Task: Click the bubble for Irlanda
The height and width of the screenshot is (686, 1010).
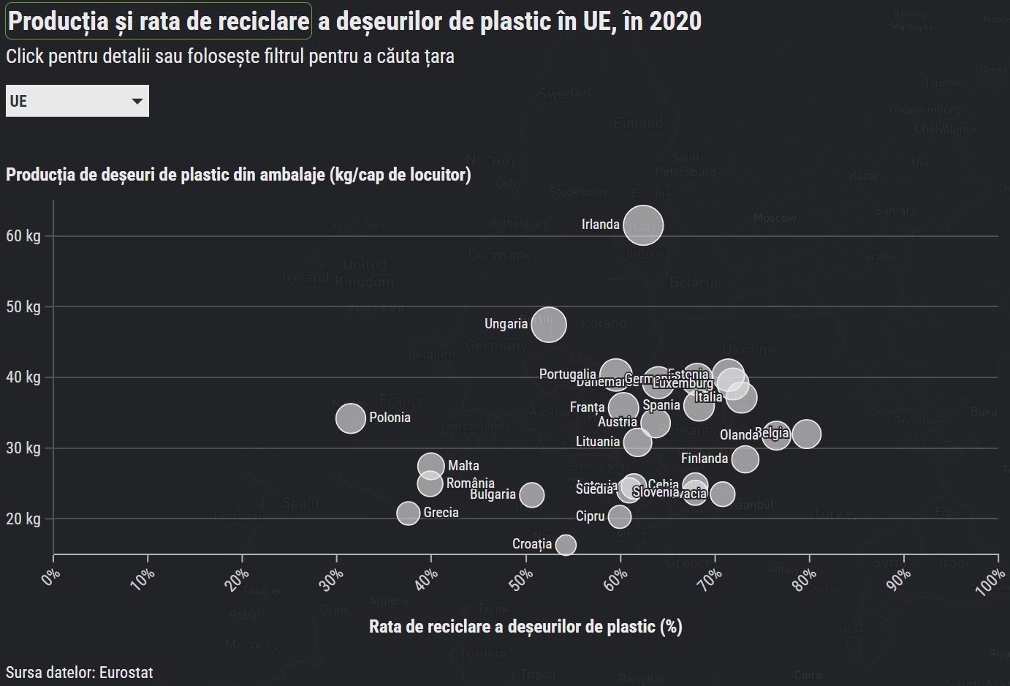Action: [643, 226]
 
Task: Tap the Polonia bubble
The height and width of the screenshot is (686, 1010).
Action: [351, 418]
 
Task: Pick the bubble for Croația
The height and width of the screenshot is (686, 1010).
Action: [566, 545]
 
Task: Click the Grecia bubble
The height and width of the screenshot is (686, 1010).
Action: [409, 513]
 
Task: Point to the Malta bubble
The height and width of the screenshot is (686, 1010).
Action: [431, 466]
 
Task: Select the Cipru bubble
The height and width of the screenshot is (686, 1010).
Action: [620, 517]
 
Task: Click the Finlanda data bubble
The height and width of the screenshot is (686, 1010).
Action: [745, 459]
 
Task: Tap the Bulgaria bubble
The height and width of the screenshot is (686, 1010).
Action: [532, 495]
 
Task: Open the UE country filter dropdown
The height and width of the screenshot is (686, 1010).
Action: [77, 101]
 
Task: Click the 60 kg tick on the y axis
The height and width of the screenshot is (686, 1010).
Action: [23, 236]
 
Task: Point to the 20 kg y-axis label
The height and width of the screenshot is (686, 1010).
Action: [23, 519]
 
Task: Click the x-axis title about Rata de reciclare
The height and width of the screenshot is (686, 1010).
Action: [525, 627]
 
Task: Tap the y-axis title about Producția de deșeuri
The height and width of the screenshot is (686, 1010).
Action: [238, 175]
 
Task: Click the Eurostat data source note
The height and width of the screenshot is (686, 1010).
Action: [80, 672]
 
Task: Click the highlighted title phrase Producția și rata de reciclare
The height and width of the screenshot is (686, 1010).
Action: [159, 21]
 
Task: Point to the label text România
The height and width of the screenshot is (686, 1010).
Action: [470, 483]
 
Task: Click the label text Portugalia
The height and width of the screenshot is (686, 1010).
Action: [567, 374]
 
